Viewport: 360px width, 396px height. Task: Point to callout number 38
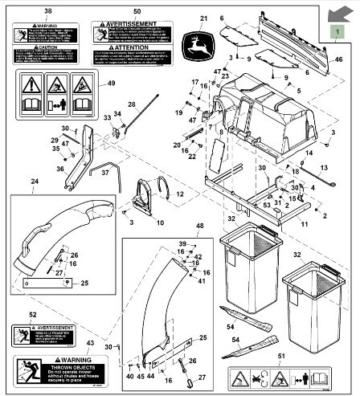pyautogui.click(x=47, y=12)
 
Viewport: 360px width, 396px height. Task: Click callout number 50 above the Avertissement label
pyautogui.click(x=137, y=12)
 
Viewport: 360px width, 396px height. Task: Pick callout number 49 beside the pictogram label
pyautogui.click(x=111, y=84)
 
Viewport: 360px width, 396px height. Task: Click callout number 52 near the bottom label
pyautogui.click(x=33, y=315)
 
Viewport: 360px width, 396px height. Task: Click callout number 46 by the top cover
pyautogui.click(x=338, y=59)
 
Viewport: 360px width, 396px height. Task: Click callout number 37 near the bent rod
pyautogui.click(x=116, y=173)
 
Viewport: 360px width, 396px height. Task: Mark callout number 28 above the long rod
pyautogui.click(x=132, y=105)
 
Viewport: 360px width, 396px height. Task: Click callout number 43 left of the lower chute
pyautogui.click(x=90, y=344)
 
